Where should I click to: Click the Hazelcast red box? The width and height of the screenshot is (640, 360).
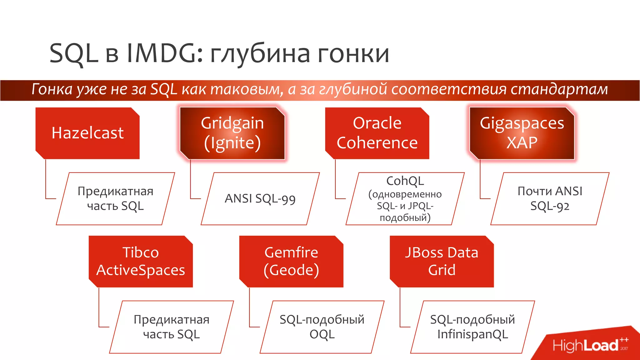point(87,133)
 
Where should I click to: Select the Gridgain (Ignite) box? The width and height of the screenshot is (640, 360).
point(232,133)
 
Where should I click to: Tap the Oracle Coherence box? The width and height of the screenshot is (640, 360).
point(377,133)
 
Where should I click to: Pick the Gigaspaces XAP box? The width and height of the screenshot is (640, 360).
point(522,133)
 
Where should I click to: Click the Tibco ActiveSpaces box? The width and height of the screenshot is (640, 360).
point(141,262)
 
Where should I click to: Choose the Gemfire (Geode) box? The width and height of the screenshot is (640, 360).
point(291,262)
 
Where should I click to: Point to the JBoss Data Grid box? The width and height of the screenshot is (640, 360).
point(442,262)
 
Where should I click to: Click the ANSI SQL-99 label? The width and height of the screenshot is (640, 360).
point(260,199)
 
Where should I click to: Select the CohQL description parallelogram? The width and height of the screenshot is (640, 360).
point(405,199)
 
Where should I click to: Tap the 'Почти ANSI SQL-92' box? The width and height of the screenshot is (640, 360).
point(550,199)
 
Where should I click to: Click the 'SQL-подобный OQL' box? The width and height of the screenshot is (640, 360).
point(322,327)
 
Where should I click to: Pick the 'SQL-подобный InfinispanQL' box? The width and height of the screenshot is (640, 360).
point(472,327)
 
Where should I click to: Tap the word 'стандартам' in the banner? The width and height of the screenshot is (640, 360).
point(559,89)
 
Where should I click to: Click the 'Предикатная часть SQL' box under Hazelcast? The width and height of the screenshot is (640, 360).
point(115,199)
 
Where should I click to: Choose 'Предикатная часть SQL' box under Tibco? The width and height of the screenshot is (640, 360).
point(171,327)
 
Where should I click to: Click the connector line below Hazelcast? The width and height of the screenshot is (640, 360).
point(46,181)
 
